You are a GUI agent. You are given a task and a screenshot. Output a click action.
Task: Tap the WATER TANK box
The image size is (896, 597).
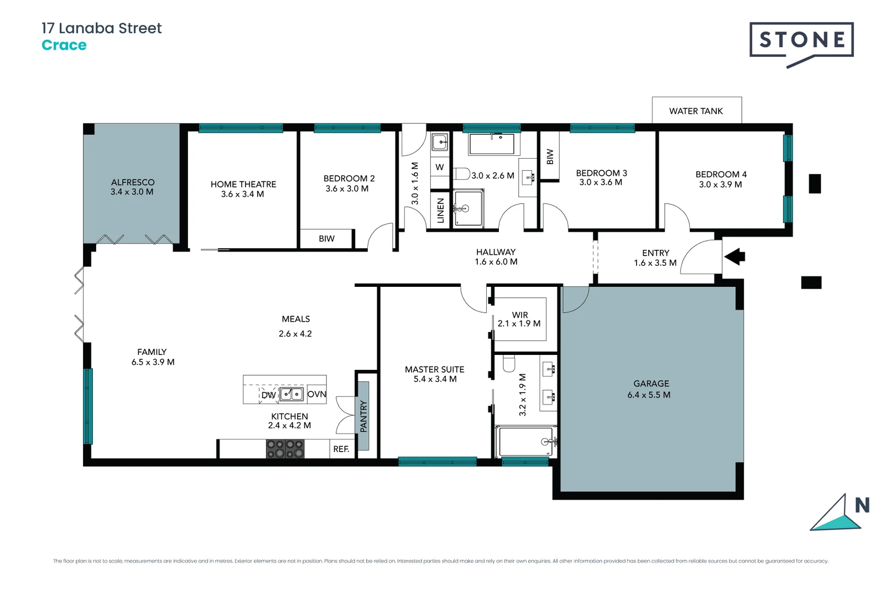696,111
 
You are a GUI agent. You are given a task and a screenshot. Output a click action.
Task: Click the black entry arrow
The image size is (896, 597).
735,256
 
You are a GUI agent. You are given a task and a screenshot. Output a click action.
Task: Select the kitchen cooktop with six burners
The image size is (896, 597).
285,448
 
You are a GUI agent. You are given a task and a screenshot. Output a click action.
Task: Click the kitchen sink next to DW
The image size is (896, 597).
291,394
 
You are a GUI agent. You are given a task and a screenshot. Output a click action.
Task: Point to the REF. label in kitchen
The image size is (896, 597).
341,449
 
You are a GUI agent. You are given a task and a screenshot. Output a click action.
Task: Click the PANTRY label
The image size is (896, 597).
363,416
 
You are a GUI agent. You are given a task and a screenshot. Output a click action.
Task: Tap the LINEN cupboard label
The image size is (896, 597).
441,210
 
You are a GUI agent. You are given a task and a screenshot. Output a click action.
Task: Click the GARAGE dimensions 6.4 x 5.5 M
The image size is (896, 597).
649,395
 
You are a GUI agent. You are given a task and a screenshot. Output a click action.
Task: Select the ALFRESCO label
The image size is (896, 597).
133,182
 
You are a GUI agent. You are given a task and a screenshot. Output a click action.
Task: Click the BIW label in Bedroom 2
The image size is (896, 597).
326,239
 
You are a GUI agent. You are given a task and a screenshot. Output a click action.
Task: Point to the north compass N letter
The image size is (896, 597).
862,505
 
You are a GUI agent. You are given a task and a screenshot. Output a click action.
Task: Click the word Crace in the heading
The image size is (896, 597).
64,45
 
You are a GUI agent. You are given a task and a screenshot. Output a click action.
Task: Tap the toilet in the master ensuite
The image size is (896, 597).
509,363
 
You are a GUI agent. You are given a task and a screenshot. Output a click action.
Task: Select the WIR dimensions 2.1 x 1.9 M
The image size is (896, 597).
519,323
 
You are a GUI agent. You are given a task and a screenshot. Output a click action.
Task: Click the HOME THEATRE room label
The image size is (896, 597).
243,184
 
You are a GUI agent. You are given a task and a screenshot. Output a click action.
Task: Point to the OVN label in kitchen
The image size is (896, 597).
316,394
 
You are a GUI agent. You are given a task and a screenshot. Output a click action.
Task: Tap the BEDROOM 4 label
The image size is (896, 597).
721,174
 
